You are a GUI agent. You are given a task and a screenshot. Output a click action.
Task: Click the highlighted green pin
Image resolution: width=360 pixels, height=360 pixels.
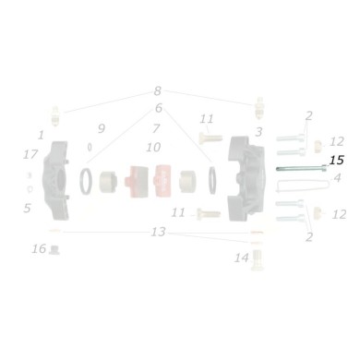click(297, 167)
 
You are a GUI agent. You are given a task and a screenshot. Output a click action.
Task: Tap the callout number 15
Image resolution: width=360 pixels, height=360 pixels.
click(336, 161)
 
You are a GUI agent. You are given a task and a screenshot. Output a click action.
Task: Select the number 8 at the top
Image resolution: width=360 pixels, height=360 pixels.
click(157, 91)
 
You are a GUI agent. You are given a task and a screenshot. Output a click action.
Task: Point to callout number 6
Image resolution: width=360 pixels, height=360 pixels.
click(158, 108)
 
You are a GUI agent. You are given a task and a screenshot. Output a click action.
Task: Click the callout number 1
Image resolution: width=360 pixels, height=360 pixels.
click(42, 135)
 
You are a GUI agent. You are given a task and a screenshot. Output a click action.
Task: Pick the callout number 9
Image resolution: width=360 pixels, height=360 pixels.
click(102, 127)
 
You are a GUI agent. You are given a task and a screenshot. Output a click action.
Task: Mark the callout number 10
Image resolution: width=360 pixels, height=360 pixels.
click(153, 147)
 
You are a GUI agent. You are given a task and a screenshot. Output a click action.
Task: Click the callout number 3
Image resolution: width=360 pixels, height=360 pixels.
click(258, 132)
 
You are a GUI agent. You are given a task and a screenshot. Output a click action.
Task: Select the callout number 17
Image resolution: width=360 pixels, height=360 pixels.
click(30, 154)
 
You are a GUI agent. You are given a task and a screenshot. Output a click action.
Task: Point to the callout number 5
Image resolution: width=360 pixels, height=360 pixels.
click(27, 208)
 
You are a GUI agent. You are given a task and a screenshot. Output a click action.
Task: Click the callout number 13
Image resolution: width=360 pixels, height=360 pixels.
click(158, 232)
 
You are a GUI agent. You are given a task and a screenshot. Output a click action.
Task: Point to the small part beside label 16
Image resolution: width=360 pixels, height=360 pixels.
click(55, 249)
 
